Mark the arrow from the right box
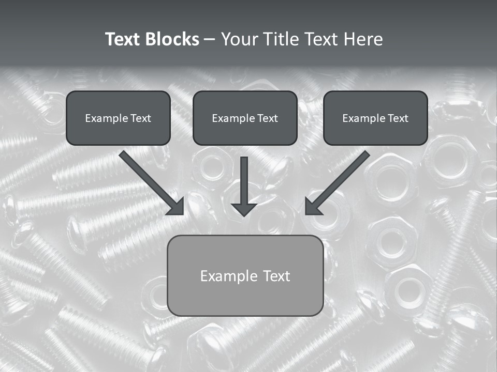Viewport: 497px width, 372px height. [x=339, y=181]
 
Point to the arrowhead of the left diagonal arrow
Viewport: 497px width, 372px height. [x=176, y=206]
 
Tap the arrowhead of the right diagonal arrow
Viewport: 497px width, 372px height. [x=313, y=206]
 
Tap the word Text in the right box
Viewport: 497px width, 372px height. [x=398, y=118]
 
